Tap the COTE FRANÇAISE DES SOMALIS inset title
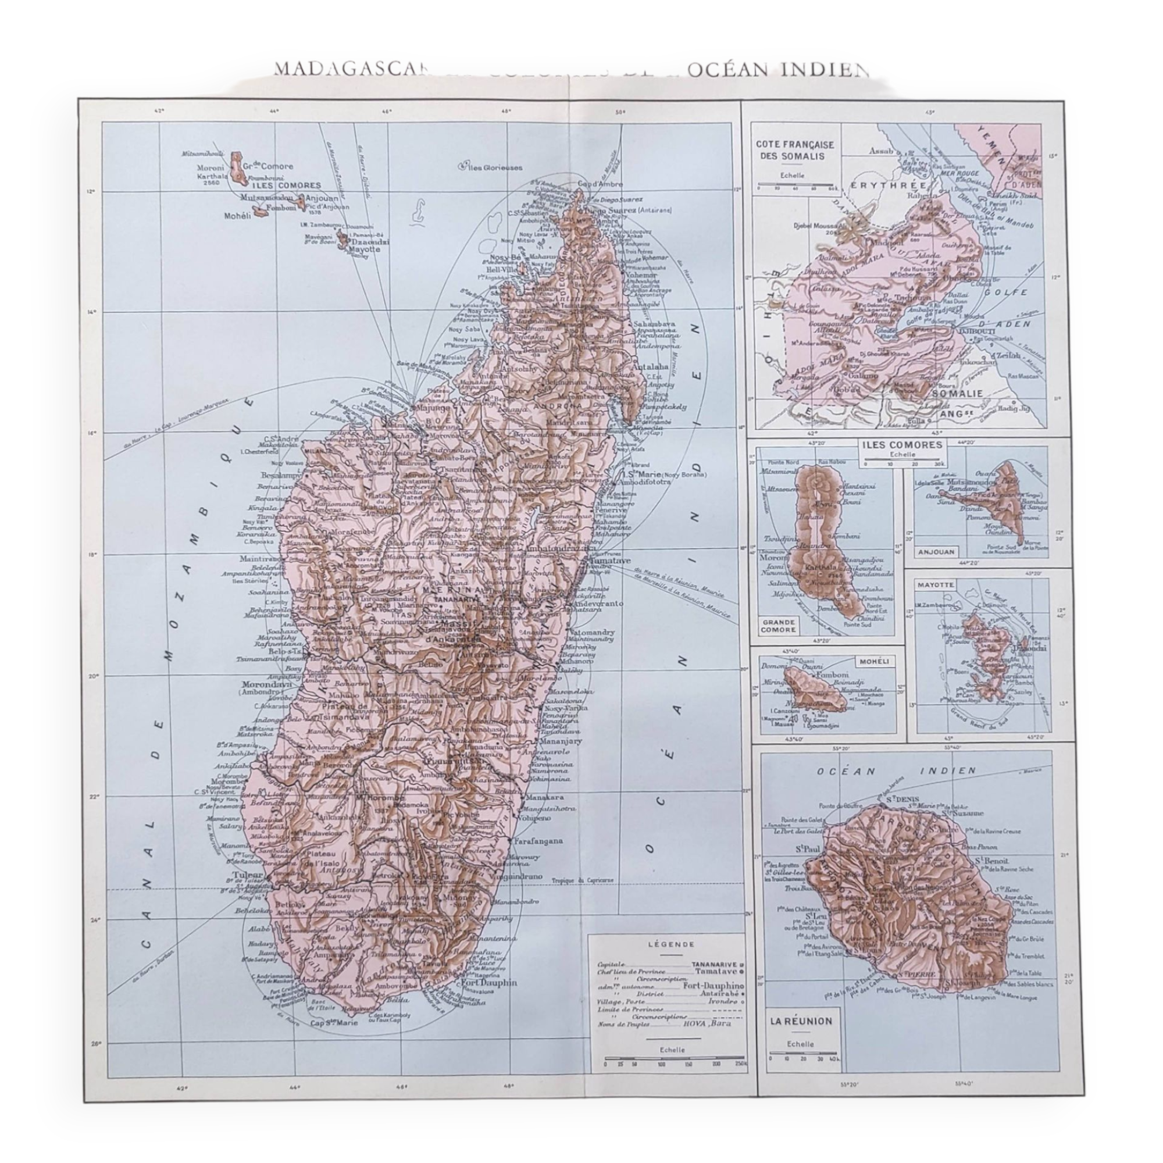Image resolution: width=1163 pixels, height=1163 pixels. (794, 150)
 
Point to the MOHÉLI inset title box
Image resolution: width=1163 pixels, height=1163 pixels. (875, 662)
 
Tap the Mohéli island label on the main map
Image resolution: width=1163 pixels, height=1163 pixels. (237, 216)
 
